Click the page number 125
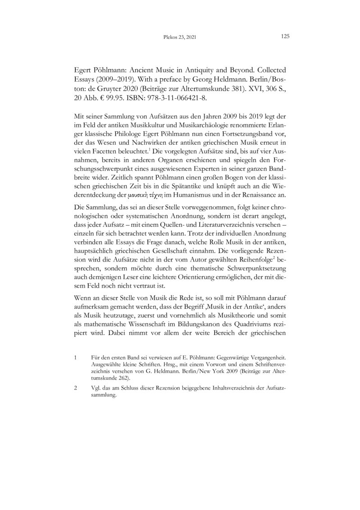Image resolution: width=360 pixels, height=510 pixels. pyautogui.click(x=284, y=37)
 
